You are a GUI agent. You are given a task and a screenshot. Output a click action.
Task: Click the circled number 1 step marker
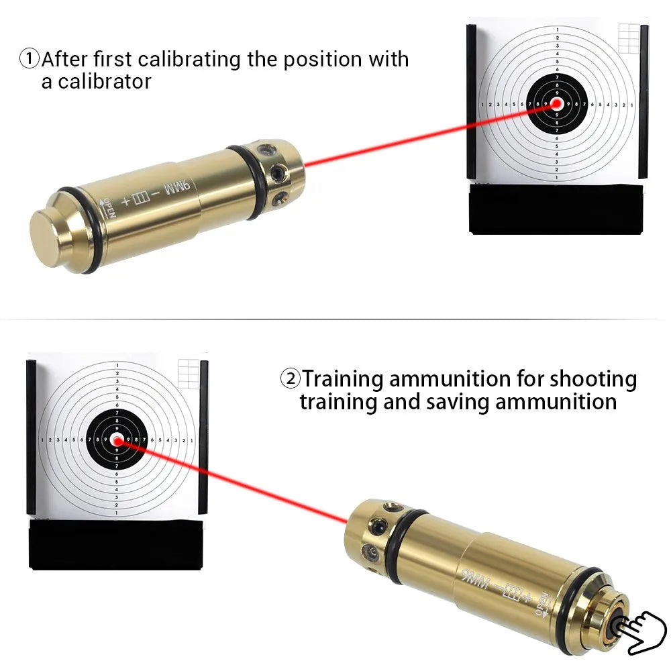(30, 59)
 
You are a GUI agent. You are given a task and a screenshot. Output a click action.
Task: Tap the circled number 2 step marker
(290, 379)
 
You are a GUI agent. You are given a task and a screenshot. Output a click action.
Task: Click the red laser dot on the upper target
(556, 104)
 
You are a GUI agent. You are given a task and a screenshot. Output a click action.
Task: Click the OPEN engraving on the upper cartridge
(108, 207)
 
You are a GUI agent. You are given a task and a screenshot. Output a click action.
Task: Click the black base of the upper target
(556, 209)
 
